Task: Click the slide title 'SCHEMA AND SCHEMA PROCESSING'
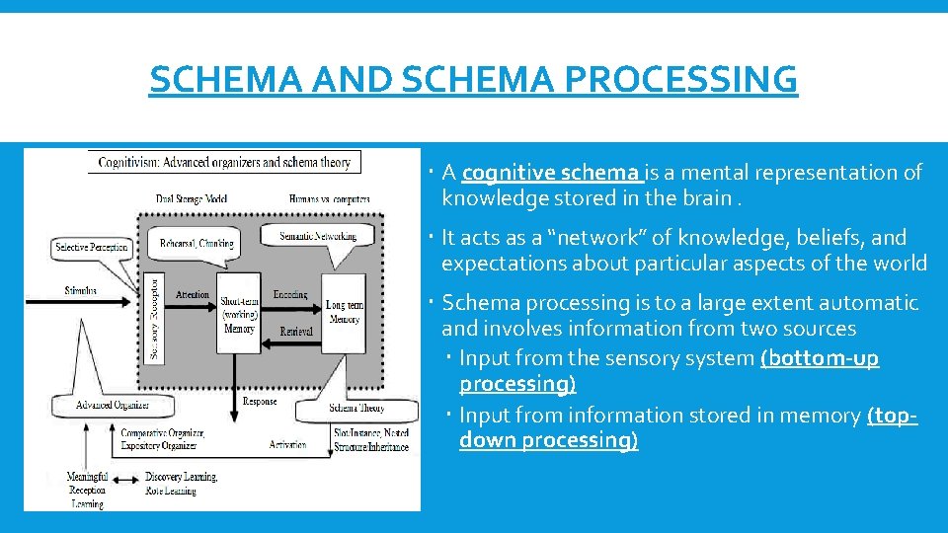(x=473, y=78)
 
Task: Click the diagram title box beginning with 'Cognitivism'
(x=224, y=162)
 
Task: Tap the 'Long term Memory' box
(x=344, y=312)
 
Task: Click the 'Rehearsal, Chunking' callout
(x=197, y=243)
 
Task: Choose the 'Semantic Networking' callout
(x=317, y=237)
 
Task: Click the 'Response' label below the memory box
(x=260, y=402)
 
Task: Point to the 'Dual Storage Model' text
(x=192, y=198)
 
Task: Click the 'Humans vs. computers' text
(x=330, y=198)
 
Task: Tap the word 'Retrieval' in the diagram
(x=296, y=332)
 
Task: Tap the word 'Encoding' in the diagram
(x=289, y=294)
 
